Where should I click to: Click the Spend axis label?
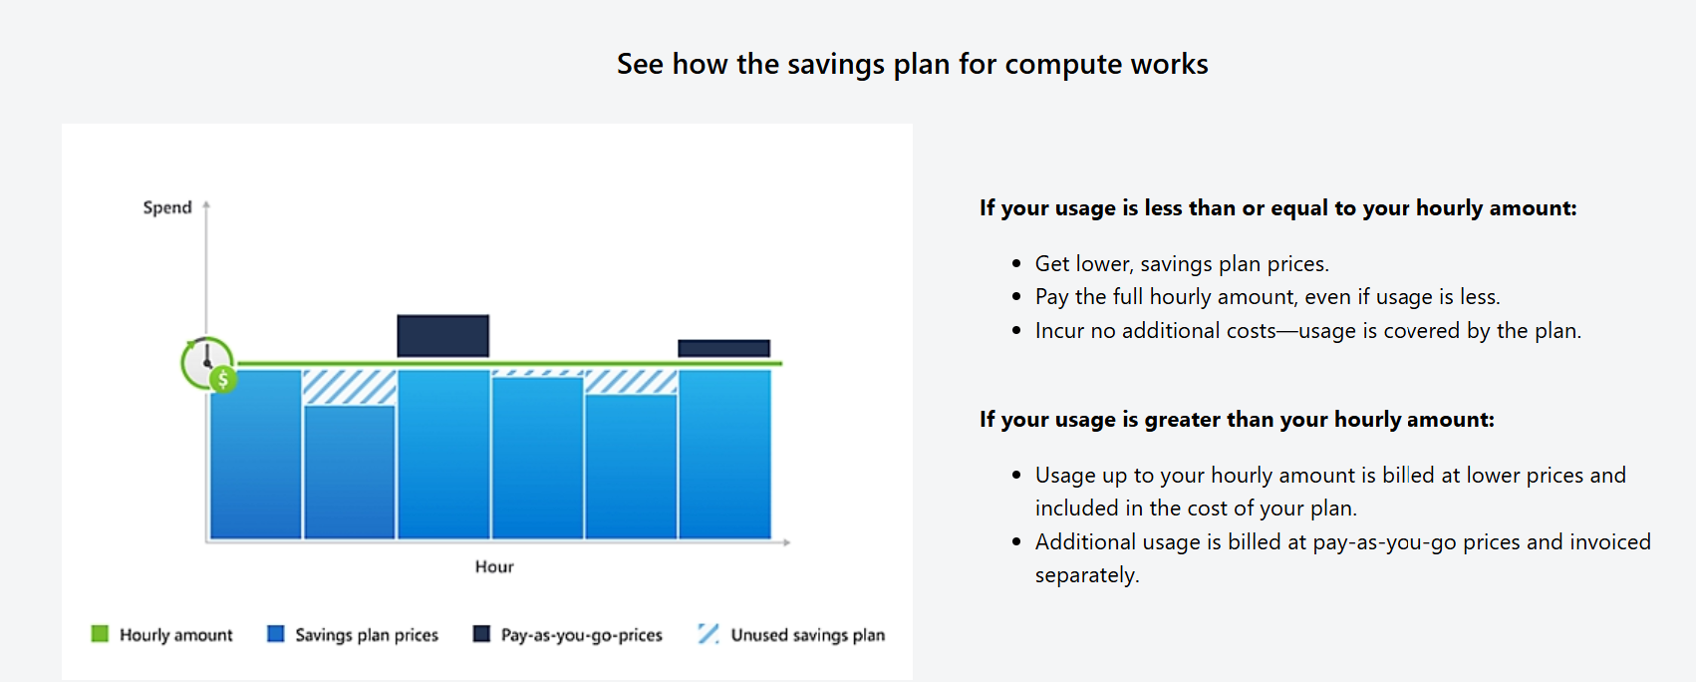click(166, 207)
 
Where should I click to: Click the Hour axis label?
click(494, 566)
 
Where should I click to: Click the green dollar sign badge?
click(223, 379)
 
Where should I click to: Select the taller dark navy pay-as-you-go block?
click(442, 336)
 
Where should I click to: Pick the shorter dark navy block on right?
click(723, 348)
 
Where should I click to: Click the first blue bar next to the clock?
click(256, 454)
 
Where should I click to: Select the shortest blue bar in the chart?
click(349, 471)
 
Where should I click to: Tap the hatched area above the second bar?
click(349, 387)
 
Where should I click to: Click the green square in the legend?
click(100, 634)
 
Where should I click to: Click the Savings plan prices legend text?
click(366, 635)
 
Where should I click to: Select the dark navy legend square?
click(481, 634)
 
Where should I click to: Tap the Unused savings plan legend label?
click(807, 635)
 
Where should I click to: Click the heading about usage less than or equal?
click(1277, 208)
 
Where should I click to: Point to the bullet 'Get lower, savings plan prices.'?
click(1182, 264)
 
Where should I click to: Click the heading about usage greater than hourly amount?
click(1237, 420)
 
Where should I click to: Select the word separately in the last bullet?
click(1085, 575)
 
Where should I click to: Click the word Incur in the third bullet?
click(1059, 331)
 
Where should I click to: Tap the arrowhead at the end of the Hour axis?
click(786, 541)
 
